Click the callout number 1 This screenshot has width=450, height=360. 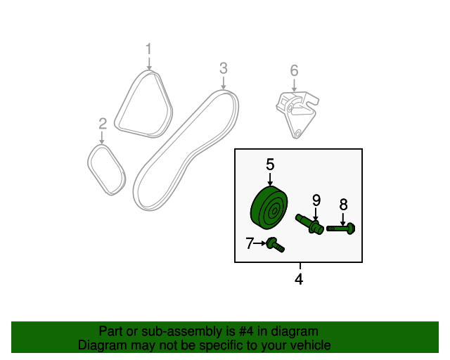[x=148, y=49]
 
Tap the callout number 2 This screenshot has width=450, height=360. [x=103, y=124]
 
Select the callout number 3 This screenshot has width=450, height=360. [x=224, y=68]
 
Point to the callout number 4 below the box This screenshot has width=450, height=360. [x=299, y=279]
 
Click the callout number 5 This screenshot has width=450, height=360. [x=270, y=165]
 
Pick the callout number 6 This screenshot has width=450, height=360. [x=294, y=70]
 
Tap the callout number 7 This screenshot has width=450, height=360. [x=250, y=243]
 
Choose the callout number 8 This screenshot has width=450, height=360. [x=344, y=205]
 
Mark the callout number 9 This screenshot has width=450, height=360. [x=316, y=200]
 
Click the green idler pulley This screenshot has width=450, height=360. [x=269, y=207]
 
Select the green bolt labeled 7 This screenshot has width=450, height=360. [x=276, y=245]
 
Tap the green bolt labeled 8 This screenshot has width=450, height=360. [x=341, y=229]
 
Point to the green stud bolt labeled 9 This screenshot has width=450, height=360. [x=309, y=224]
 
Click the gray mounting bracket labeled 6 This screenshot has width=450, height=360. [x=297, y=114]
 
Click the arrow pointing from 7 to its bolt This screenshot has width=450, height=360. [x=260, y=243]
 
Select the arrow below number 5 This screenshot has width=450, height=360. [x=270, y=179]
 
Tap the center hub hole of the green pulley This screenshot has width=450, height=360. [x=274, y=212]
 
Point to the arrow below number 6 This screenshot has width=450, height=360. [x=294, y=84]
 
